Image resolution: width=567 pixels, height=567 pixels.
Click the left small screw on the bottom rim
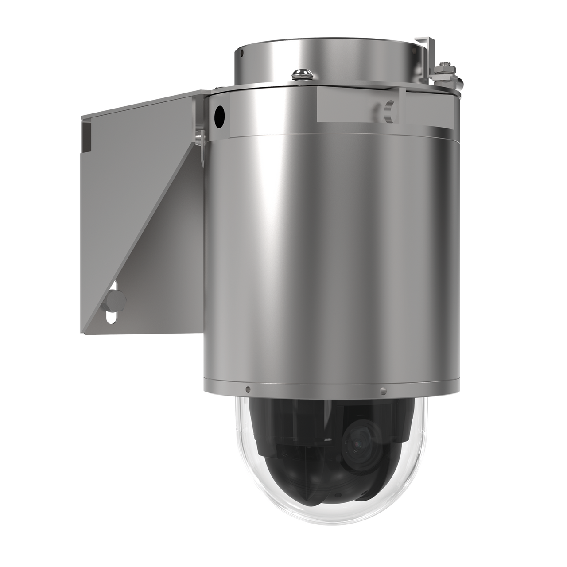tap(248, 389)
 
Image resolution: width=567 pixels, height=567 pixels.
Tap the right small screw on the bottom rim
tap(383, 392)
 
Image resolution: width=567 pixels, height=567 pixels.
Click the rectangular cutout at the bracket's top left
tap(86, 133)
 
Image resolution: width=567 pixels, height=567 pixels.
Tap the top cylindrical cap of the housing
tap(328, 58)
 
